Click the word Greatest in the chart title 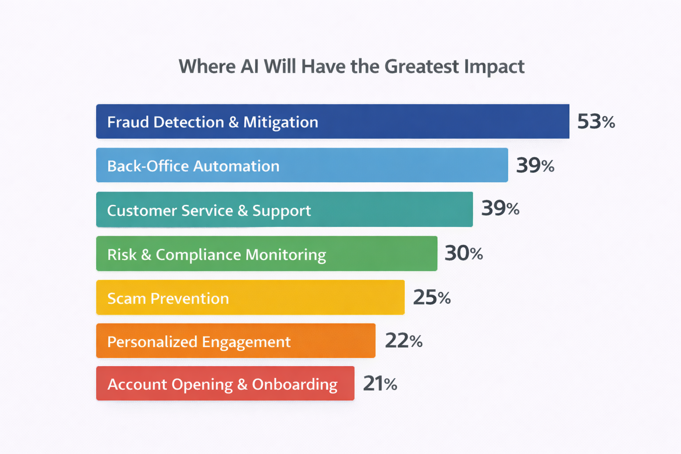coord(422,67)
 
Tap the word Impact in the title coord(494,67)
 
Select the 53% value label coord(595,121)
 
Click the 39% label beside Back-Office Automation coord(535,165)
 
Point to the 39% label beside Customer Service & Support coord(500,208)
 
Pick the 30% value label coord(463,253)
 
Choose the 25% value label coord(431,297)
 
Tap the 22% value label coord(403,341)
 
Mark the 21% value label coord(380,384)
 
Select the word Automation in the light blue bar coord(236,166)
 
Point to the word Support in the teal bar coord(282,211)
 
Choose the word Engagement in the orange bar coord(246,342)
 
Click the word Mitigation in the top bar coord(280,122)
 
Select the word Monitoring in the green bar coord(286,255)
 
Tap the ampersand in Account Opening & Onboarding coord(242,384)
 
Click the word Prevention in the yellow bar coord(189,298)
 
